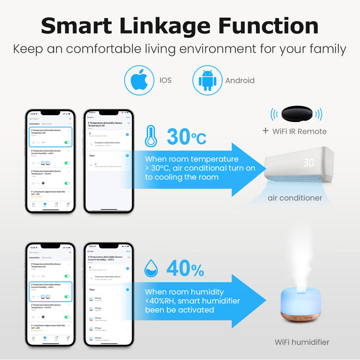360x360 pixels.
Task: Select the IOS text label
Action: [166, 81]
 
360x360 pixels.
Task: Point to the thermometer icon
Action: [152, 135]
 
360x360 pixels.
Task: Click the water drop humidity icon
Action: [151, 270]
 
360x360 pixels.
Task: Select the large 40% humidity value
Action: [185, 270]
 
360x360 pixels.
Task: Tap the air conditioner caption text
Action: [295, 198]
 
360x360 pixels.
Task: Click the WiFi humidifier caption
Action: [302, 342]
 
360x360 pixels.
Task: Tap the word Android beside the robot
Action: [240, 81]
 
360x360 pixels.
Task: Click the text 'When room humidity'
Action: [184, 292]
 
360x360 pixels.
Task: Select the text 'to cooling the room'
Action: [182, 177]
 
